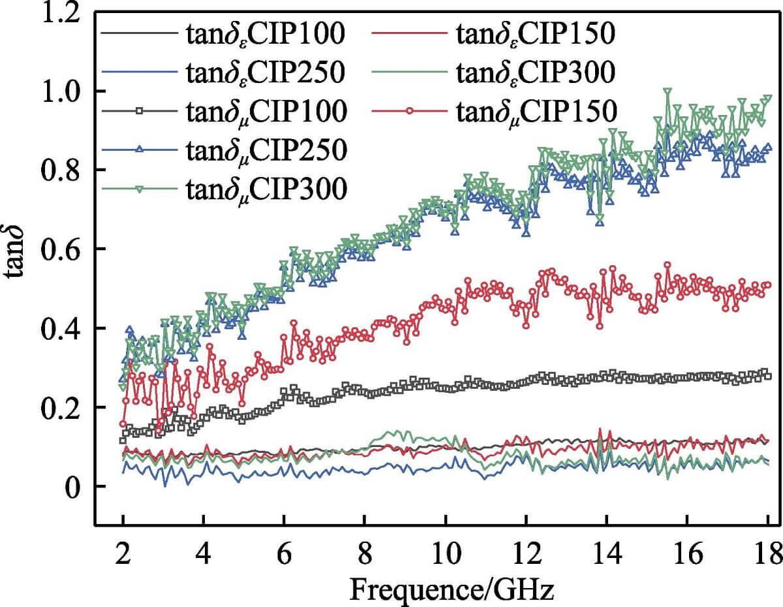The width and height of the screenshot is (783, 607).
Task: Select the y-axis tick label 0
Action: [x=72, y=487]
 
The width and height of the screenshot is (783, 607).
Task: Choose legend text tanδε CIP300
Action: [x=535, y=73]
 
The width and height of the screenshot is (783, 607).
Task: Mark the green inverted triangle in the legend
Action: [x=139, y=189]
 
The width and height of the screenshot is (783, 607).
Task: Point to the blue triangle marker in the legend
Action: [x=139, y=150]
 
